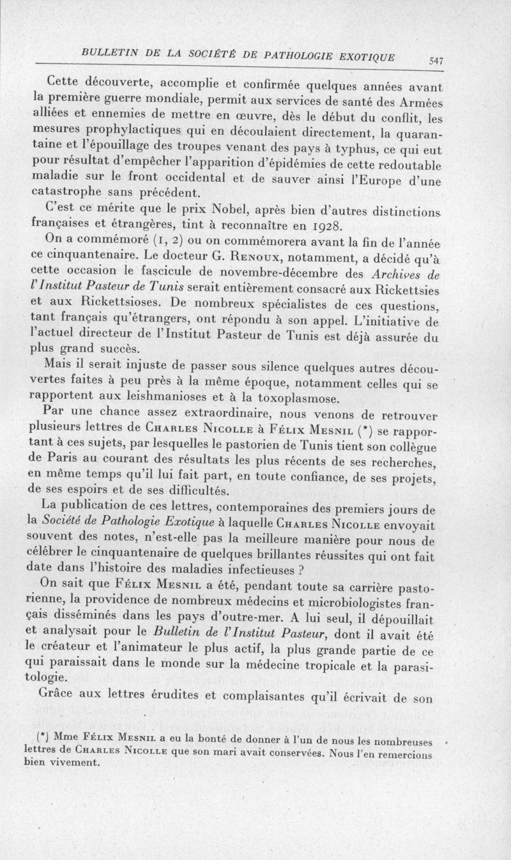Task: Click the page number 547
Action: [436, 61]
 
